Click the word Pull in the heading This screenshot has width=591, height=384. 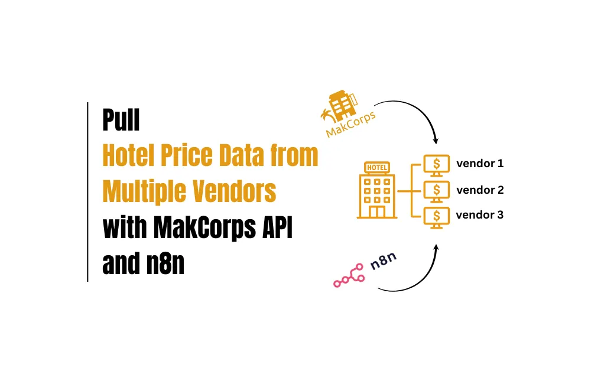click(x=121, y=119)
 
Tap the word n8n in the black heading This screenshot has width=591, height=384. click(x=165, y=263)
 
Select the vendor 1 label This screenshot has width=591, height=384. click(x=480, y=163)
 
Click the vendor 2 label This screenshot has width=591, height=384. click(x=480, y=190)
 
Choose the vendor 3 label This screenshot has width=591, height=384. click(x=479, y=215)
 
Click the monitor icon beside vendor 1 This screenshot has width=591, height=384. click(x=437, y=165)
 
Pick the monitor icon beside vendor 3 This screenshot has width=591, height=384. click(x=437, y=217)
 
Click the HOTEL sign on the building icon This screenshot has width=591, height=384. click(x=377, y=167)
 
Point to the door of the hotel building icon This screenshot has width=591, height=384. click(x=377, y=211)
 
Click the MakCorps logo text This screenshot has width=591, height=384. click(x=350, y=125)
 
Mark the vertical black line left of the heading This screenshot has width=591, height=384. click(x=87, y=192)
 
